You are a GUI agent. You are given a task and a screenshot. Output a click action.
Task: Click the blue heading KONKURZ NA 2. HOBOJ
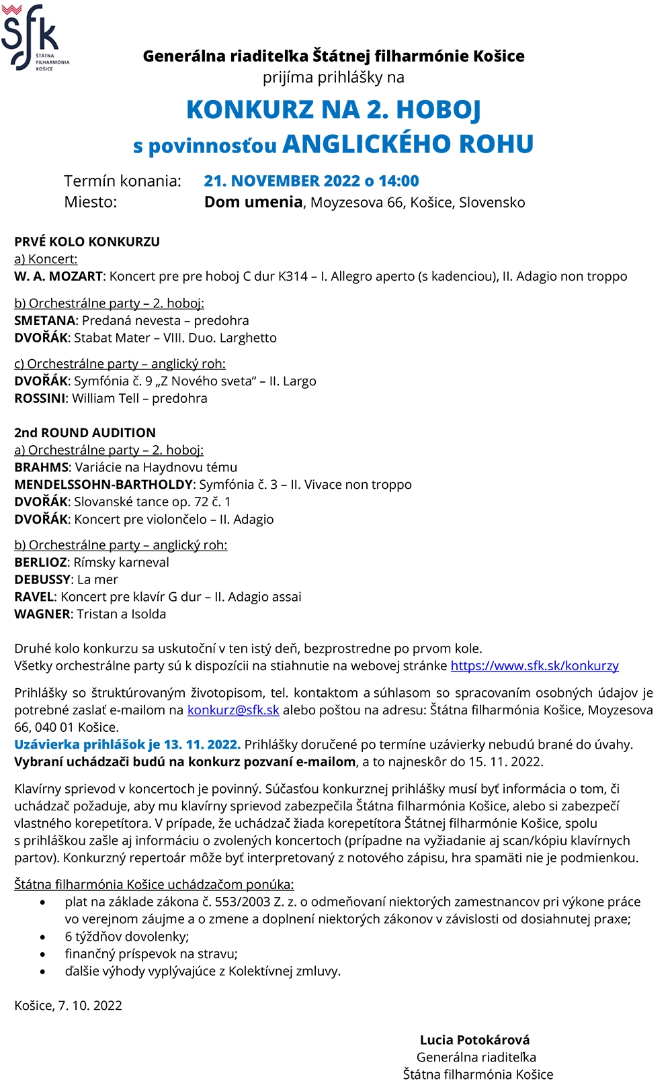click(x=333, y=109)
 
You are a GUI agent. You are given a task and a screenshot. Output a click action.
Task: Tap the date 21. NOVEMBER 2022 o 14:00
click(x=311, y=181)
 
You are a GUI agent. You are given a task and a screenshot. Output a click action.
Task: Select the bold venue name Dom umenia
click(x=253, y=202)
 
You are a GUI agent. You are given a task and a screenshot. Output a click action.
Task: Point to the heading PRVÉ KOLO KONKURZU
click(x=87, y=242)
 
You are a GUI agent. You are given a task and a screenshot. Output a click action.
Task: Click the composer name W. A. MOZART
click(x=58, y=277)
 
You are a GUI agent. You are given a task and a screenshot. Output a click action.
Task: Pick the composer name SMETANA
click(x=45, y=321)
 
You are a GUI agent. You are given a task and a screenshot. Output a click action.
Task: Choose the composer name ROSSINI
click(x=40, y=399)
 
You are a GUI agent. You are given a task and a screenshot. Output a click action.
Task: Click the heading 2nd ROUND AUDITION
click(x=85, y=433)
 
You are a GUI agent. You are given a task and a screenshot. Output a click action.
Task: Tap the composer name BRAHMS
click(x=42, y=467)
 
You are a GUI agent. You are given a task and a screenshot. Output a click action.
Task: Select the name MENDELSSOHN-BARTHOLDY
click(x=103, y=485)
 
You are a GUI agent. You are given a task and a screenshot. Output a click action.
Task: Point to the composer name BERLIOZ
click(x=41, y=563)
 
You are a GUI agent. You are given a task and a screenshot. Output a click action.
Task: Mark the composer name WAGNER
click(x=42, y=614)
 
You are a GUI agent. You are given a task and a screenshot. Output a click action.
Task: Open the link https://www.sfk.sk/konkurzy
click(x=534, y=666)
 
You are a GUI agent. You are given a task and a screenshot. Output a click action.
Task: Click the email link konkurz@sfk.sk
click(x=233, y=710)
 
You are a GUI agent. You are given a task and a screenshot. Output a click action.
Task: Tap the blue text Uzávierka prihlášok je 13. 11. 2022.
click(x=127, y=745)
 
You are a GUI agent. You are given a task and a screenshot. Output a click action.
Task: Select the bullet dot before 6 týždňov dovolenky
click(x=44, y=937)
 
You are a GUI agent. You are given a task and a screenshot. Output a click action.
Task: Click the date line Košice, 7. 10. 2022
click(x=68, y=1006)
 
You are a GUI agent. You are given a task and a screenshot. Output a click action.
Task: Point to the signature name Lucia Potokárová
click(x=474, y=1040)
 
